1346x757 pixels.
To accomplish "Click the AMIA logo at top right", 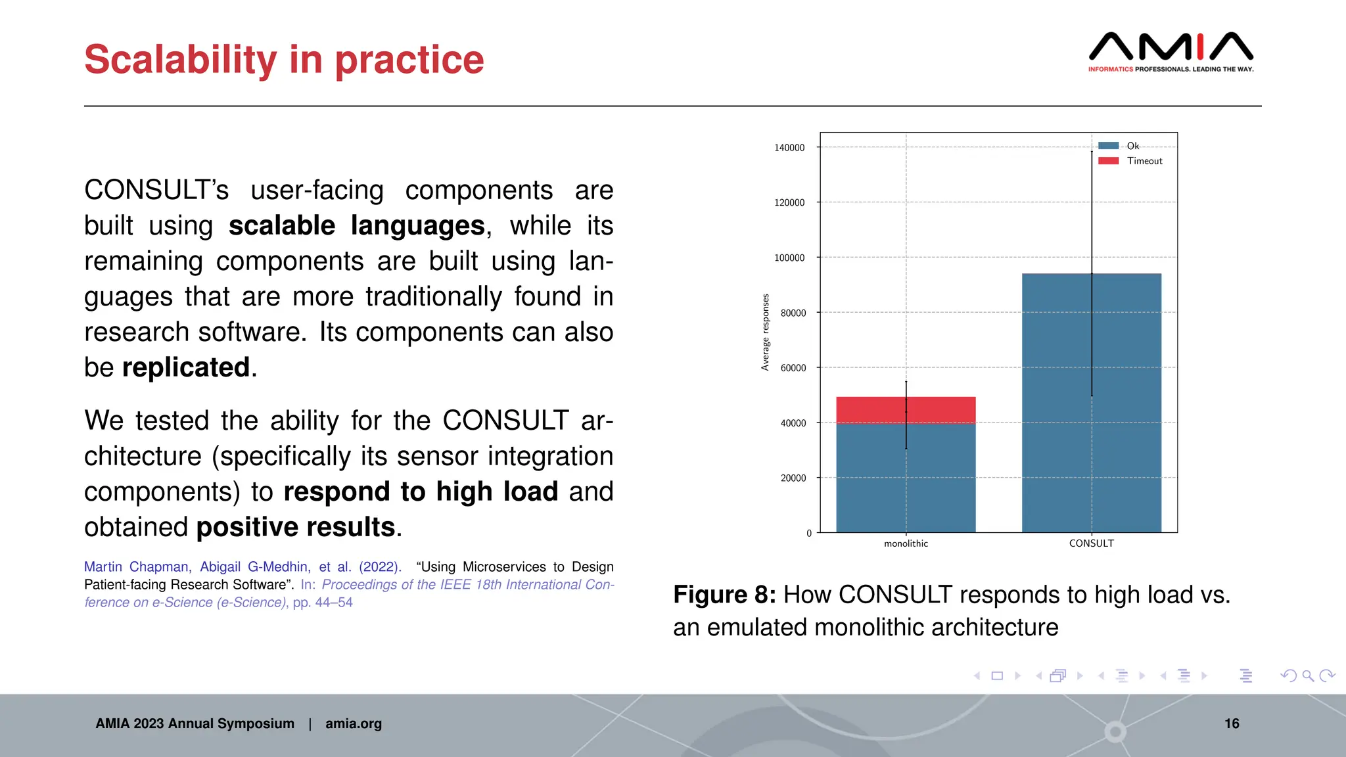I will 1171,51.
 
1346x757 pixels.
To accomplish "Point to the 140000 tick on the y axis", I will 789,148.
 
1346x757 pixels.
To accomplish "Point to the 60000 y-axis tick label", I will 793,368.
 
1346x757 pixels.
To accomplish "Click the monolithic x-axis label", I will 906,543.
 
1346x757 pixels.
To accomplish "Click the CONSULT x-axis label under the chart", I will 1091,543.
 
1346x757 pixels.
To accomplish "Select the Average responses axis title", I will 765,333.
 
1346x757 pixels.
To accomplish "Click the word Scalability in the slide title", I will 181,60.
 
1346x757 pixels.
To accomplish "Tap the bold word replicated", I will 186,367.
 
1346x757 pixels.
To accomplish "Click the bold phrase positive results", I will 296,527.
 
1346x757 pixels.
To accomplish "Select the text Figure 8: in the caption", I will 724,595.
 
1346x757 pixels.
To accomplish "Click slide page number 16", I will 1232,723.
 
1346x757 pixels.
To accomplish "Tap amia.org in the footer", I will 353,723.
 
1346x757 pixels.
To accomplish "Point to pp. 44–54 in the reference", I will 323,603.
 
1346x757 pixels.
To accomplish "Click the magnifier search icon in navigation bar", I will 1308,676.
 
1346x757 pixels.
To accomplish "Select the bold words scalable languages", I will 357,225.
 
